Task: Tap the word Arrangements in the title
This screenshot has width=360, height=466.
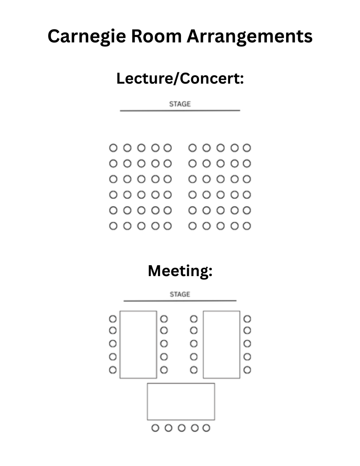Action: tap(249, 36)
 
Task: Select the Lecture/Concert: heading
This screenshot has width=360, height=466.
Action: tap(180, 78)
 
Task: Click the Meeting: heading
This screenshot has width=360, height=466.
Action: tap(180, 271)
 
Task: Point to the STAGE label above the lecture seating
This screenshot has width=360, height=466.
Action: tap(180, 104)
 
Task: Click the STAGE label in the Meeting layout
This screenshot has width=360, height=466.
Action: tap(180, 294)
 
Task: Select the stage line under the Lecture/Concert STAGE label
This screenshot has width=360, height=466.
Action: tap(180, 110)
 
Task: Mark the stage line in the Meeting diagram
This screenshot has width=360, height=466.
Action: tap(180, 301)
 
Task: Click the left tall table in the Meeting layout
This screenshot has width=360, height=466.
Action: tap(138, 344)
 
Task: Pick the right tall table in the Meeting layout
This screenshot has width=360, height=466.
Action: tap(221, 344)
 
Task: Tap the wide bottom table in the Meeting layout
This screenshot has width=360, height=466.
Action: tap(181, 401)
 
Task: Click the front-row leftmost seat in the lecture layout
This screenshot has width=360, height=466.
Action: tap(113, 148)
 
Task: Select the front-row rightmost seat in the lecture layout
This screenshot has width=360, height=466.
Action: tap(247, 148)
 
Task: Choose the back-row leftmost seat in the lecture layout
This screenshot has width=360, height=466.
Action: tap(113, 226)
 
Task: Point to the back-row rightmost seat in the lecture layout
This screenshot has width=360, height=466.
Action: tap(247, 226)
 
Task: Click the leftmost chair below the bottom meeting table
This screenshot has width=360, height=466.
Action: tap(155, 428)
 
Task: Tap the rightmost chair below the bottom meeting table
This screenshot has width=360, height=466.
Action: tap(206, 428)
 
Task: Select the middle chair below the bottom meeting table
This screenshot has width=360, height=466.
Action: tap(181, 428)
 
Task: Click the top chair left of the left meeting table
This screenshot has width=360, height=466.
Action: tap(112, 319)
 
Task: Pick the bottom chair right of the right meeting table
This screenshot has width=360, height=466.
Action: tap(247, 370)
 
